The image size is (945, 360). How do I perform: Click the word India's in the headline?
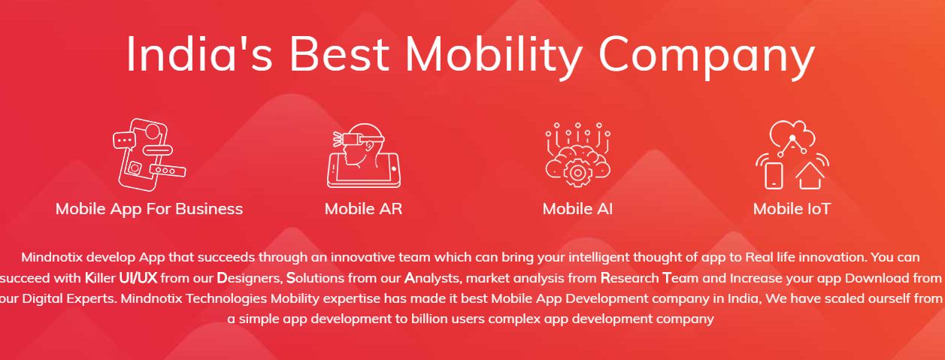coord(199,54)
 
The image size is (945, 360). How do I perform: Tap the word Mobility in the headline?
coord(494,56)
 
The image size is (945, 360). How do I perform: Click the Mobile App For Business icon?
coord(149,154)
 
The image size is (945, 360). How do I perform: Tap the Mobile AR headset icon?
coord(363,155)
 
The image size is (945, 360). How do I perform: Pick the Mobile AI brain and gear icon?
coord(577,155)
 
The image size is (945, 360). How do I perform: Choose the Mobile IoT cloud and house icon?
coord(792,155)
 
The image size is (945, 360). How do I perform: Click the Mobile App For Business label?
coord(149,209)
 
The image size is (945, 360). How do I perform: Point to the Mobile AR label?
coord(363,209)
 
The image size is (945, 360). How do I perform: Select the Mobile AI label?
coord(577,209)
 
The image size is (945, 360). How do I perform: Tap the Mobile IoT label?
coord(792,209)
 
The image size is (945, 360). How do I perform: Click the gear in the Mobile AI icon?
coord(577,172)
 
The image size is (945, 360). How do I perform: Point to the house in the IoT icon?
coord(810,176)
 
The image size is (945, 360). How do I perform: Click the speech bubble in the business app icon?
coord(124,141)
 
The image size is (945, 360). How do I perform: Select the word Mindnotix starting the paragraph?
coord(51,257)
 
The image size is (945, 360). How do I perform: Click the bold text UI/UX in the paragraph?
coord(138,278)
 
